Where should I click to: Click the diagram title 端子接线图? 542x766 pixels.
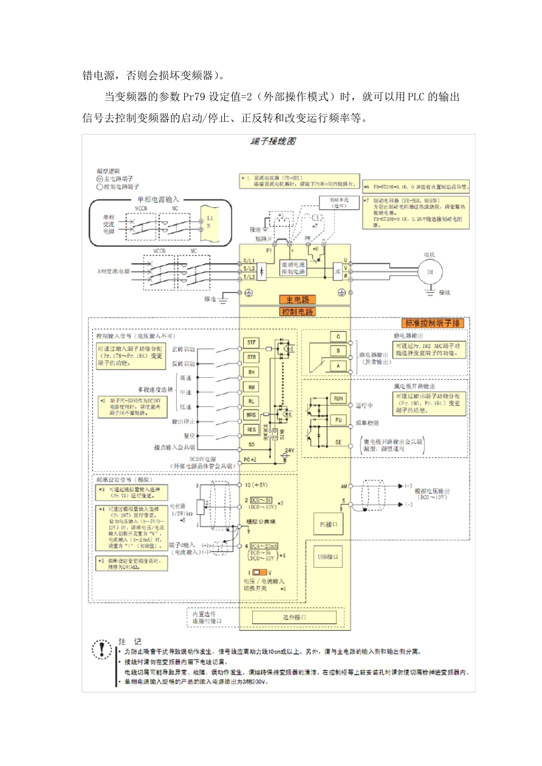pyautogui.click(x=273, y=141)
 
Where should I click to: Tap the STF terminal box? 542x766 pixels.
pyautogui.click(x=252, y=343)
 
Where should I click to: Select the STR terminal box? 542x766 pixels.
pyautogui.click(x=252, y=357)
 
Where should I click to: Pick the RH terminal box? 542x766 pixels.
pyautogui.click(x=252, y=372)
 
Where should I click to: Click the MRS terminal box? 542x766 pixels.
pyautogui.click(x=252, y=415)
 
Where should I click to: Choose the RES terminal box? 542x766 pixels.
pyautogui.click(x=252, y=429)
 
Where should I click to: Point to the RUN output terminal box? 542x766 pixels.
pyautogui.click(x=338, y=399)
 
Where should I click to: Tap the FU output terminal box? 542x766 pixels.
pyautogui.click(x=338, y=420)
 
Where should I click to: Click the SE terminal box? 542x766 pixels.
pyautogui.click(x=338, y=442)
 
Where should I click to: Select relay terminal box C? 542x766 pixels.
pyautogui.click(x=338, y=337)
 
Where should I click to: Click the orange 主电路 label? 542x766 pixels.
pyautogui.click(x=297, y=299)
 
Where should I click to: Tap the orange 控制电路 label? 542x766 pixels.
pyautogui.click(x=297, y=312)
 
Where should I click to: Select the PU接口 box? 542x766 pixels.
pyautogui.click(x=329, y=524)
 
